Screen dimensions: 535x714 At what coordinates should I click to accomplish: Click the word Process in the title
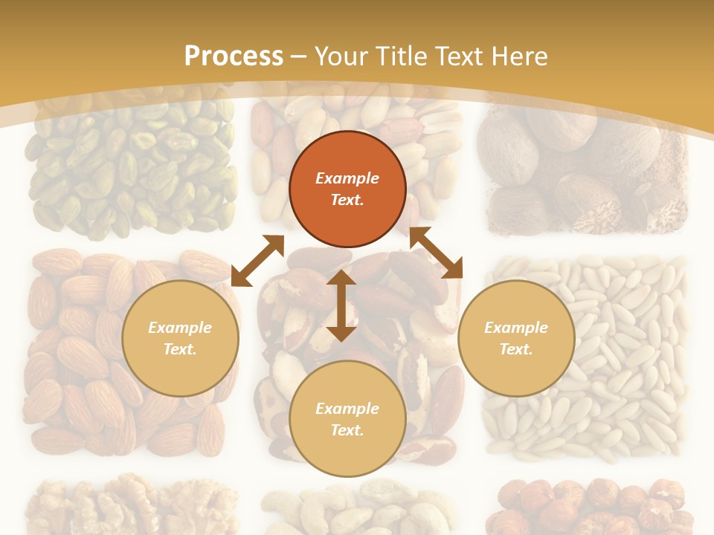point(234,56)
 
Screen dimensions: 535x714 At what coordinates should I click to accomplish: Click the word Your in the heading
point(344,56)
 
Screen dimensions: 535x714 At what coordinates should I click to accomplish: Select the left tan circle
point(180,338)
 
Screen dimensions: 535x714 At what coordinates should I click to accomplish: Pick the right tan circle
point(516,338)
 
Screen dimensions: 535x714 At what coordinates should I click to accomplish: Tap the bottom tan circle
point(347,419)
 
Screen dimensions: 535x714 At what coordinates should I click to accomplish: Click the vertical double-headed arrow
point(341,306)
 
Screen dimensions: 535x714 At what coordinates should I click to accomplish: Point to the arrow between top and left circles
point(257,261)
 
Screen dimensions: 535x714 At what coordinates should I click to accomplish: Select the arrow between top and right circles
point(436,253)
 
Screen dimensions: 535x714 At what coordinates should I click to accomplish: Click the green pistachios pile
point(130,167)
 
